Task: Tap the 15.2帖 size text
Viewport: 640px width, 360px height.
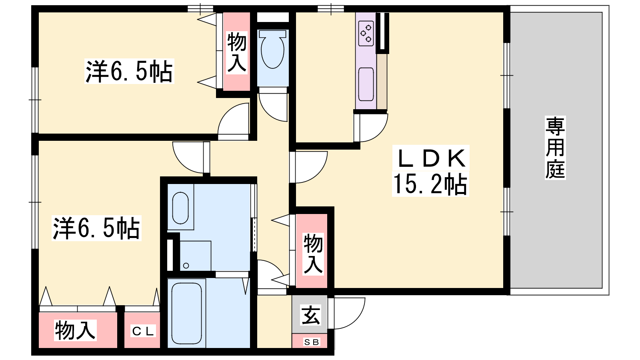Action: [430, 184]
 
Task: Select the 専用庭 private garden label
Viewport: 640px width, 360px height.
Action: [555, 148]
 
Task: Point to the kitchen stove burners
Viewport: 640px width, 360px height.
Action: [366, 34]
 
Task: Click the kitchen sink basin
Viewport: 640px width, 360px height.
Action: [366, 84]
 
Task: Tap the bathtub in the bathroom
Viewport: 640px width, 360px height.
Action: [186, 314]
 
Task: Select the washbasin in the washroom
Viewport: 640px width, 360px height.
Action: [180, 208]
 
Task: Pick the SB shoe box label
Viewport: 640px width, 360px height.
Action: [312, 342]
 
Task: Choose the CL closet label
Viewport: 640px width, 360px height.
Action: [143, 331]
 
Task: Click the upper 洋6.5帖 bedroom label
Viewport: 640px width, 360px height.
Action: [129, 71]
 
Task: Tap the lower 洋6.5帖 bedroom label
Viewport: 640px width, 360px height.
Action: [96, 228]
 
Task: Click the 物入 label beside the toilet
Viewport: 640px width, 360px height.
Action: [237, 52]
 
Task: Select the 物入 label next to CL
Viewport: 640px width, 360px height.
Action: [75, 330]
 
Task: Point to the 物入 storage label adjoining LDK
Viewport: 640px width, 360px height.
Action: [313, 254]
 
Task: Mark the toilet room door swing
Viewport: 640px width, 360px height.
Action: [267, 113]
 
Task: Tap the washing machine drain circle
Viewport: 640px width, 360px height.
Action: [186, 266]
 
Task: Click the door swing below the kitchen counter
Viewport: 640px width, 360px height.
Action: [380, 134]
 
